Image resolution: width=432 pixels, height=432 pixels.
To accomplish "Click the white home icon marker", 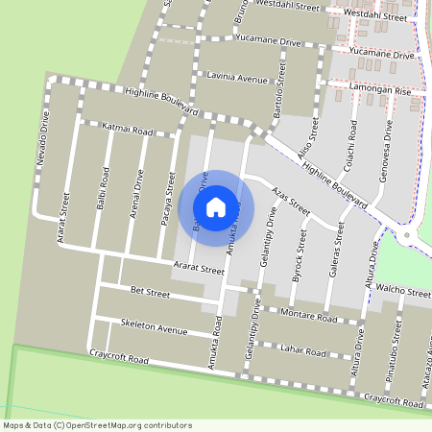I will (216, 205).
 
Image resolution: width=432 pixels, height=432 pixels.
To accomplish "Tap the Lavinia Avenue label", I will (231, 77).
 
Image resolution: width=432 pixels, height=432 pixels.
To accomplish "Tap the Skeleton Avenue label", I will (154, 326).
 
